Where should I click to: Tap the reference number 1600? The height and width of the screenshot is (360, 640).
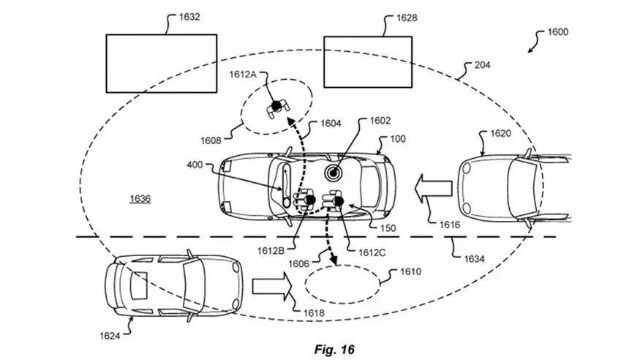[557, 32]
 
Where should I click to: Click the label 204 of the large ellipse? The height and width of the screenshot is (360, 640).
[482, 65]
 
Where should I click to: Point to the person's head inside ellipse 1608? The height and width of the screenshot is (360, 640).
[276, 105]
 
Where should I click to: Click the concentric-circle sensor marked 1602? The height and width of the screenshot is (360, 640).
[333, 173]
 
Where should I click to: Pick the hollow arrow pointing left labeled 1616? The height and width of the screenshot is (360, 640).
[434, 189]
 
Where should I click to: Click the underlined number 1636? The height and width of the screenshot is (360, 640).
[140, 199]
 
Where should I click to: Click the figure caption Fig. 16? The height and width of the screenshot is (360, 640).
[334, 349]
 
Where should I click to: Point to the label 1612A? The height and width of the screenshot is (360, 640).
[242, 75]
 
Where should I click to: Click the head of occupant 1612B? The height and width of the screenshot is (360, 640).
[310, 200]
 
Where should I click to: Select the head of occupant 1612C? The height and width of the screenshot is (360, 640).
[338, 200]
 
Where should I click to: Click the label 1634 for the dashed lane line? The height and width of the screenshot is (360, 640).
[474, 259]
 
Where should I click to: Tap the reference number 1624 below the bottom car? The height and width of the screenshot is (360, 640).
[110, 336]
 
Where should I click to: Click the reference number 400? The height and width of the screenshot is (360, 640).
[195, 165]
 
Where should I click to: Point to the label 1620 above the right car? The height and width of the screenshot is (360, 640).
[500, 133]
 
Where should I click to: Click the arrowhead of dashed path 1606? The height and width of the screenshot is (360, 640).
[334, 260]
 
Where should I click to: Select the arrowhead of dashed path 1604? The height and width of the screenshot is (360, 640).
[290, 121]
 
